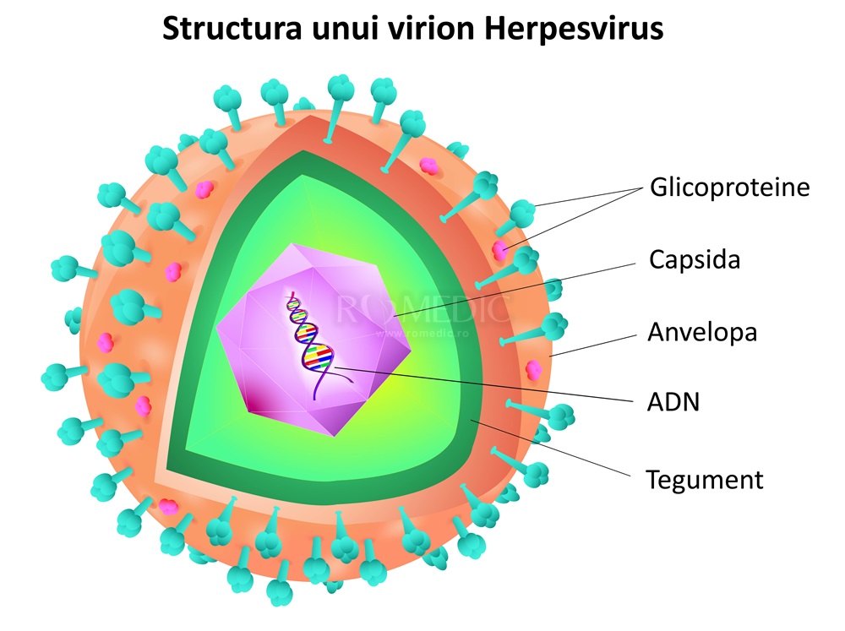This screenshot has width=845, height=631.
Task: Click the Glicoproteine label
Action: (x=729, y=187)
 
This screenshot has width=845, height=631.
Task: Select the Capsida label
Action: (x=694, y=258)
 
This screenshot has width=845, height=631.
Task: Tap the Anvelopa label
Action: (x=702, y=331)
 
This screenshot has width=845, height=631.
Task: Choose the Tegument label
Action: (x=705, y=480)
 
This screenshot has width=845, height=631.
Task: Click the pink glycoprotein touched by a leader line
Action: (x=503, y=248)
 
